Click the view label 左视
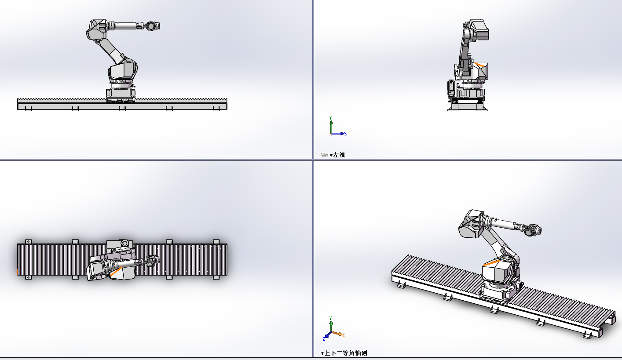(339, 155)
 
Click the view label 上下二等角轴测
(348, 353)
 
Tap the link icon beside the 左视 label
(324, 155)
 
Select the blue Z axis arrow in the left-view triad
(340, 134)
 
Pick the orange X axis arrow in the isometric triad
(339, 334)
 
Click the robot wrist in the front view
(152, 26)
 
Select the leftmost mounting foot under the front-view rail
(28, 109)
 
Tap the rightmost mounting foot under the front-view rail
(216, 109)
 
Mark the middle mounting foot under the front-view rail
(122, 109)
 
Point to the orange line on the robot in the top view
(116, 273)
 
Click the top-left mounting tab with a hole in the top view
(28, 241)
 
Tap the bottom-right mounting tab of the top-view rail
(216, 277)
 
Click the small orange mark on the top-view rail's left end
(18, 273)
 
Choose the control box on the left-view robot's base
(450, 88)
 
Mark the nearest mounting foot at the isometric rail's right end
(587, 335)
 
